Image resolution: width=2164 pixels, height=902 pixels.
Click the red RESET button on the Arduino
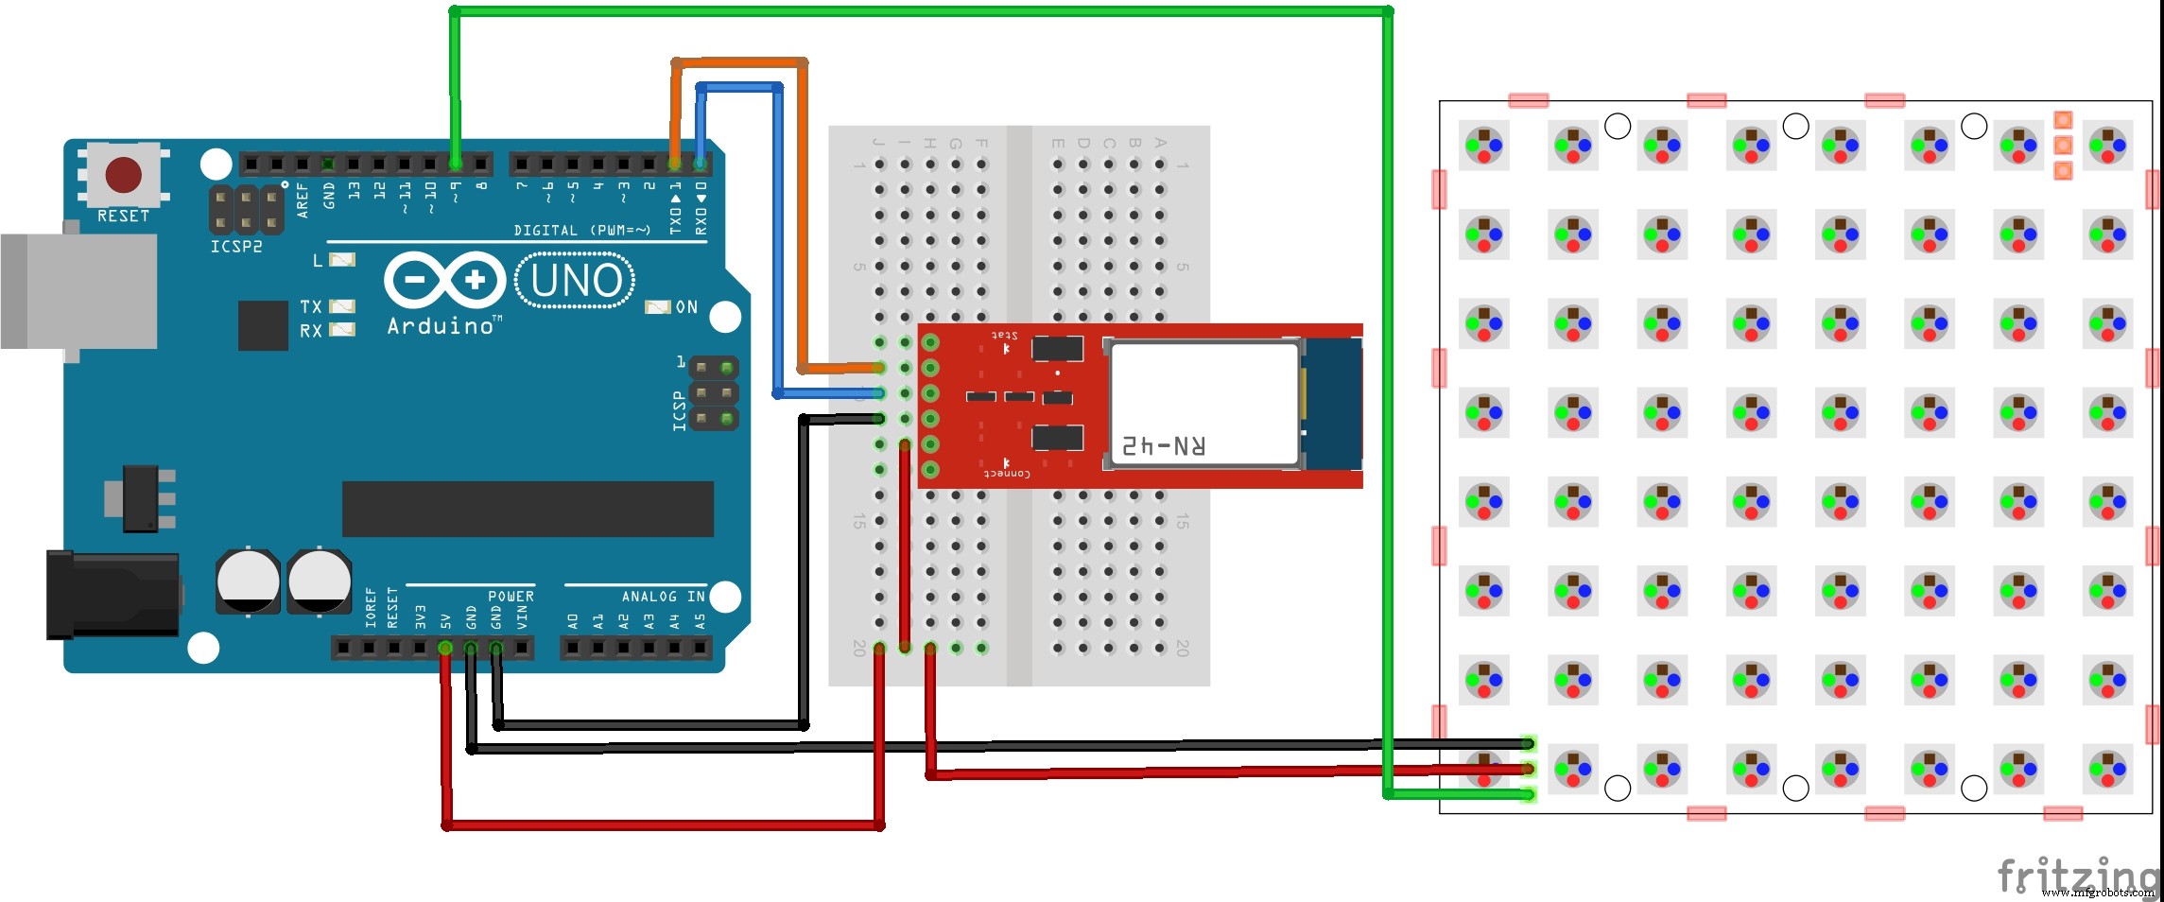[123, 175]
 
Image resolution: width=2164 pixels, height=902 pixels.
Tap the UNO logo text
[576, 281]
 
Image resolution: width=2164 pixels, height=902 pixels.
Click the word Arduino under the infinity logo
[441, 326]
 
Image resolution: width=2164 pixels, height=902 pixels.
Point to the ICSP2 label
[236, 247]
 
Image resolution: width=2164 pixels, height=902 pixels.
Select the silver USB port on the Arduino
[79, 291]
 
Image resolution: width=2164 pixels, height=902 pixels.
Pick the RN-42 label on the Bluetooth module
[1164, 445]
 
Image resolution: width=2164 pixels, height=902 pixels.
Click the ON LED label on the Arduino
[686, 307]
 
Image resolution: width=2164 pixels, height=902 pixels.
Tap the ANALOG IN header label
[663, 597]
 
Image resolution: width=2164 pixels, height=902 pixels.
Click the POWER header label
[511, 597]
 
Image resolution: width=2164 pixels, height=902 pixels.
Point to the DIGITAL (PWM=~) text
[581, 231]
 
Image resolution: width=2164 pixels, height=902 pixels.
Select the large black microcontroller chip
[528, 509]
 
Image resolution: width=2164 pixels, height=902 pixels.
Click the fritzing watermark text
[2076, 874]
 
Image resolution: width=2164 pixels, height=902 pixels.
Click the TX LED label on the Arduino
[311, 306]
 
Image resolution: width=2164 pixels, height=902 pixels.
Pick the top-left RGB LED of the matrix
[1483, 146]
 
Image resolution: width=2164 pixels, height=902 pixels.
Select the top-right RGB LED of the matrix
[2107, 146]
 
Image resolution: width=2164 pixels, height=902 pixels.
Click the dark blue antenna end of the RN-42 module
[1332, 405]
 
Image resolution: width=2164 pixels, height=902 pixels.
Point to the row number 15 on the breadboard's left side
[858, 521]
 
